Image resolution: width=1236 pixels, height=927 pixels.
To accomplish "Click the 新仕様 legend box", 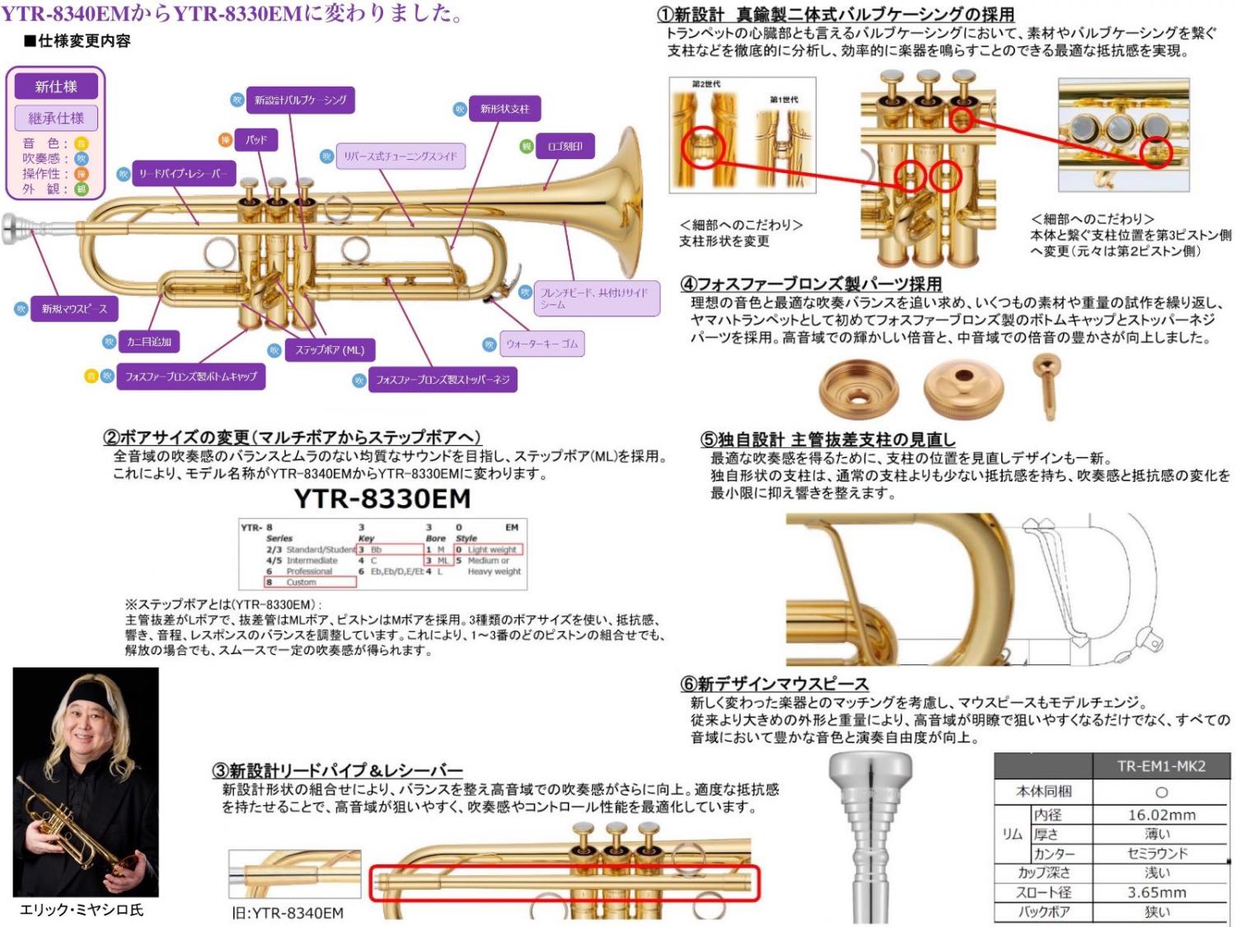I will point(55,87).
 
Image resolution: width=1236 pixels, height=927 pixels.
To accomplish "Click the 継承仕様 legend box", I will point(55,118).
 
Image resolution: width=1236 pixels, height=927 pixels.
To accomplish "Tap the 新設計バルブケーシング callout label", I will point(300,101).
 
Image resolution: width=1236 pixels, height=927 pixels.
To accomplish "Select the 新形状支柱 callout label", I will point(504,109).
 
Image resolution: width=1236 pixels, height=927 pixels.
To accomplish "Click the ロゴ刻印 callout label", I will point(564,147).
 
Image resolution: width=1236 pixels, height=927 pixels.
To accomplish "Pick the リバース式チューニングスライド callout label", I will point(400,156).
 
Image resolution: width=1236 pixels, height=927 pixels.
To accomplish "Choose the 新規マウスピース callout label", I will point(74,309).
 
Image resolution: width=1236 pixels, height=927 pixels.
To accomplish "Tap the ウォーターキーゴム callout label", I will point(541,344).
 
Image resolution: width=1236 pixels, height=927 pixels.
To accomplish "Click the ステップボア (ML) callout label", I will point(330,350).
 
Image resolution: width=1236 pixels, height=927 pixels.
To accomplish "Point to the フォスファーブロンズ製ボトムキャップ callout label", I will point(191,377).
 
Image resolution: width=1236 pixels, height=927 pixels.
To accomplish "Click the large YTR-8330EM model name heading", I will point(382,499).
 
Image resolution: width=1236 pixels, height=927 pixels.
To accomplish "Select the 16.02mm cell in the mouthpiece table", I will point(1161,815).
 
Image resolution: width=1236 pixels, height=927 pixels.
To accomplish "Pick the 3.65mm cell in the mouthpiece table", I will point(1157,892).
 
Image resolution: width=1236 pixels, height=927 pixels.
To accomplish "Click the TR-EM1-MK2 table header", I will point(1161,766).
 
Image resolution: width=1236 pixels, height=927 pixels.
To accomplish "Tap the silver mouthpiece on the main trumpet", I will point(18,227).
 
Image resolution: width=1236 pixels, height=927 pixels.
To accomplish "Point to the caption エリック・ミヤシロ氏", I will point(81,910).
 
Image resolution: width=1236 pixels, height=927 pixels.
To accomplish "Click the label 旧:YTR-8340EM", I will point(288,912).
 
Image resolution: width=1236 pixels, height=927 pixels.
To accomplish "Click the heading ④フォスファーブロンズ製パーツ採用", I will point(811,284).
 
